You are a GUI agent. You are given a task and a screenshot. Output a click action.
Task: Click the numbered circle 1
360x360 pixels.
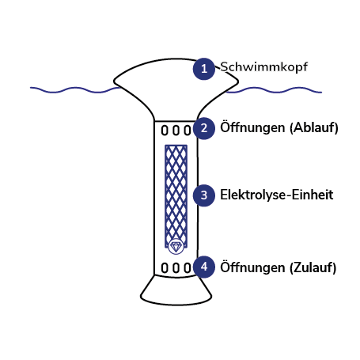[204, 69]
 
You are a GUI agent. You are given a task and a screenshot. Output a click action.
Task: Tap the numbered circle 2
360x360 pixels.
[204, 128]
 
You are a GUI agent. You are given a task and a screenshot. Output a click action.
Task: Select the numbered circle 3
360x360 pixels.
[204, 195]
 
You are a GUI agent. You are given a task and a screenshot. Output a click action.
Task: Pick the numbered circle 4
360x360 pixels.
[204, 267]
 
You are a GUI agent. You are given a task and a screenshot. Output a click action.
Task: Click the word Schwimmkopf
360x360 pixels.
[263, 67]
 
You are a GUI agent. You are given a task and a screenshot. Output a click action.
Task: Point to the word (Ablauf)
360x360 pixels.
[314, 127]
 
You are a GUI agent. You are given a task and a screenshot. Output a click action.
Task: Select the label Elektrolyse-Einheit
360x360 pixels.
[277, 195]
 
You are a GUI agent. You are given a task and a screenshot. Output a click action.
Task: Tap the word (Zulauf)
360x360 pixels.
[313, 267]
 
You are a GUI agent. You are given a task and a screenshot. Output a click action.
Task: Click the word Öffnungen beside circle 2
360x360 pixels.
[252, 127]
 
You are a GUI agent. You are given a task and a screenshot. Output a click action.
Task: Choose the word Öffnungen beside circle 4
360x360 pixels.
[252, 267]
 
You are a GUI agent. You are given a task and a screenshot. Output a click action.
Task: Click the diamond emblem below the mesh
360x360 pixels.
[175, 247]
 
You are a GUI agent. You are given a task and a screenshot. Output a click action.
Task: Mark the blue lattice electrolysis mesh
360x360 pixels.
[176, 196]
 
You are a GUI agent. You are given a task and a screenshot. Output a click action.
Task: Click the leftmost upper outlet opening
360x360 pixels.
[165, 131]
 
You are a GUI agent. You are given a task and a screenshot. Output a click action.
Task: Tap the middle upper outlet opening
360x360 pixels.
[176, 131]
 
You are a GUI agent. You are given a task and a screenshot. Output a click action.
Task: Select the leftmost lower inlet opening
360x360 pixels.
[165, 267]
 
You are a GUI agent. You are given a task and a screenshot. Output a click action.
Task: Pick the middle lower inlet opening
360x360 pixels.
[176, 267]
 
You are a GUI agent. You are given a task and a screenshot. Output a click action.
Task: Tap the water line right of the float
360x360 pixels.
[275, 90]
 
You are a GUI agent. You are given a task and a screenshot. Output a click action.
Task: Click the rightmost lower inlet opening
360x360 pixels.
[188, 267]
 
